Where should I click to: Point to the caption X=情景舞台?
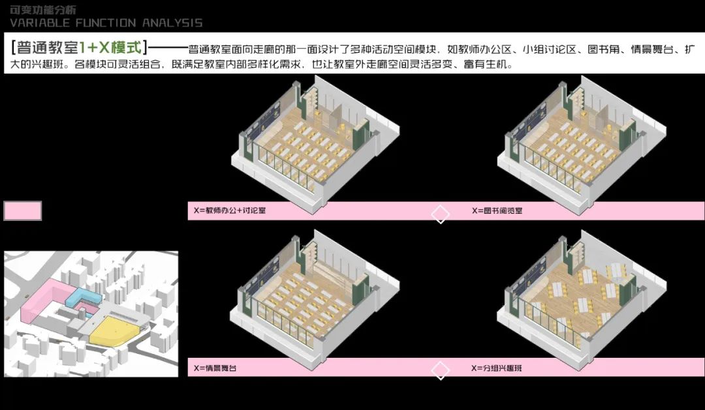click(215, 368)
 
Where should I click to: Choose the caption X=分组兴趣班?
click(496, 368)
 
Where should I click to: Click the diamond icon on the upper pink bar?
click(441, 214)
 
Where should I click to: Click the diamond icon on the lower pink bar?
click(441, 371)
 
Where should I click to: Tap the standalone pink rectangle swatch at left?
click(23, 211)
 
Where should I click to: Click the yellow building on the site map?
click(114, 329)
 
